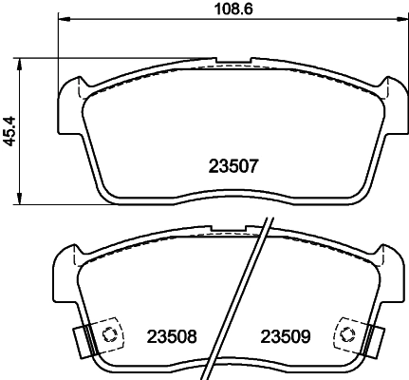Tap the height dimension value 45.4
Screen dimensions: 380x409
point(10,130)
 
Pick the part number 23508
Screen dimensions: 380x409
point(171,336)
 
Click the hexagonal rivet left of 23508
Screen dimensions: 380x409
point(109,334)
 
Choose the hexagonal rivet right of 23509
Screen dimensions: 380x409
point(348,334)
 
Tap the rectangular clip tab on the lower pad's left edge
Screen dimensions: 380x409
point(80,336)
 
